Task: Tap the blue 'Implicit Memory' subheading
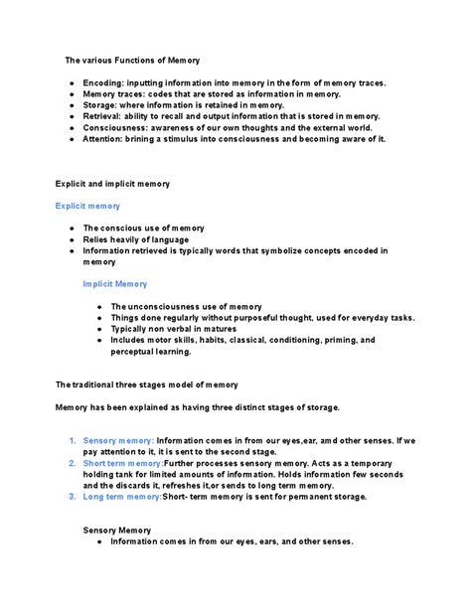(117, 284)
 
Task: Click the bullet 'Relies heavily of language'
(136, 239)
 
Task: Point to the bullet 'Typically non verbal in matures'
(176, 329)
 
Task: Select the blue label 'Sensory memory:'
(118, 440)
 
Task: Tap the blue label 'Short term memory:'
(123, 463)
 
